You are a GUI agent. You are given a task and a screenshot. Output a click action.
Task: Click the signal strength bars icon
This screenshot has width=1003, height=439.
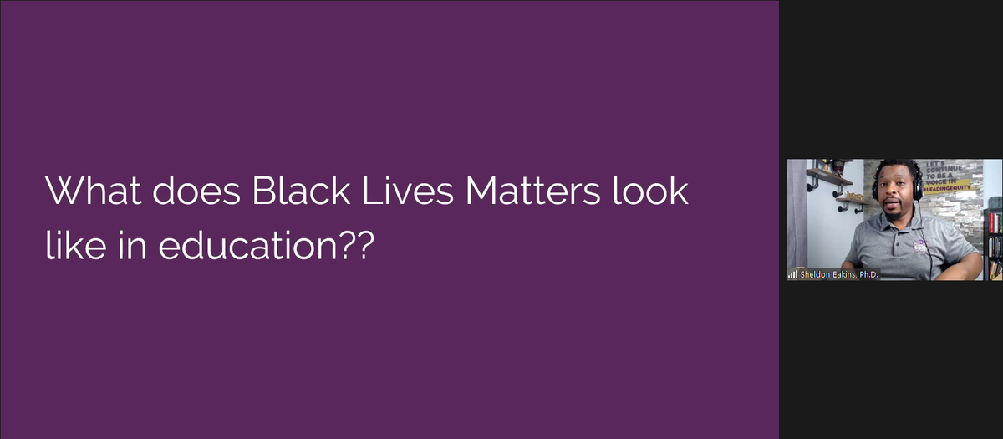792,274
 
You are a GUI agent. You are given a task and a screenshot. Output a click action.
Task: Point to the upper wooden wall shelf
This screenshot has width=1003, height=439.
829,177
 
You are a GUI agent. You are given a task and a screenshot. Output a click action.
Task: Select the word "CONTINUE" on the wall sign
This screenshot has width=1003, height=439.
945,168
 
